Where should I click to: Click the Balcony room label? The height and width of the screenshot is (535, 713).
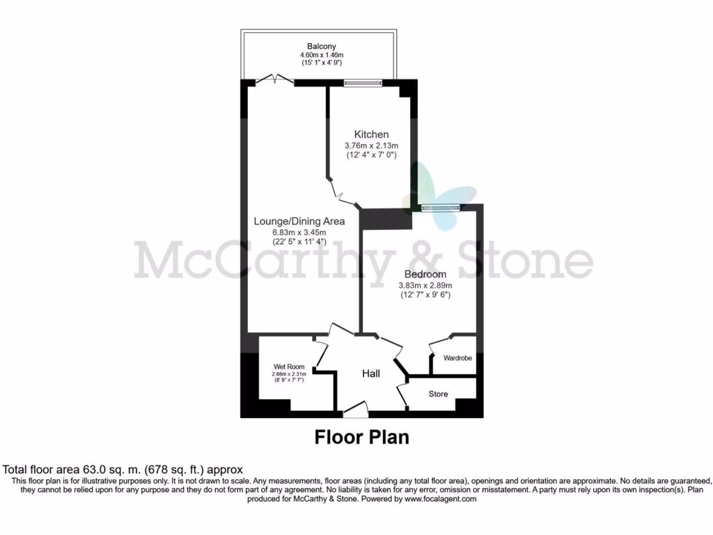[x=317, y=47]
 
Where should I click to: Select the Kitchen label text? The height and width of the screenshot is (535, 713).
[x=371, y=134]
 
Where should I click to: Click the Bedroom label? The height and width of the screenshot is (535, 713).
[x=425, y=274]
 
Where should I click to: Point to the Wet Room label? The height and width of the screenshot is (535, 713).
[x=288, y=366]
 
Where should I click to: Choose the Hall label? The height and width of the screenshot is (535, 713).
[x=371, y=374]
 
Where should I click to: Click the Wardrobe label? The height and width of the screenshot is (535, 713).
[x=457, y=358]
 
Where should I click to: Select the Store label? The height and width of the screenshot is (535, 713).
[x=438, y=394]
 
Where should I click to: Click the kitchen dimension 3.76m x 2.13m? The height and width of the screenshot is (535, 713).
[x=371, y=146]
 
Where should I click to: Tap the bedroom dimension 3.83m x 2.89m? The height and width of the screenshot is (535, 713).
[x=425, y=285]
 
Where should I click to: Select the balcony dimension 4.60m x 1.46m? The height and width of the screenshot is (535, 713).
[x=317, y=55]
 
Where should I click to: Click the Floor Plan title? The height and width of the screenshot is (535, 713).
[x=361, y=437]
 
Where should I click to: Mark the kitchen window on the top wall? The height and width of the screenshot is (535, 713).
[x=363, y=83]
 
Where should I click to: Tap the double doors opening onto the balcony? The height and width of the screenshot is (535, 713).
[x=275, y=81]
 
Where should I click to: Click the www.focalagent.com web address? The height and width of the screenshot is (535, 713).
[x=440, y=499]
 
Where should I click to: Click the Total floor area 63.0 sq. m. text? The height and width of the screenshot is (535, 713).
[x=123, y=470]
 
